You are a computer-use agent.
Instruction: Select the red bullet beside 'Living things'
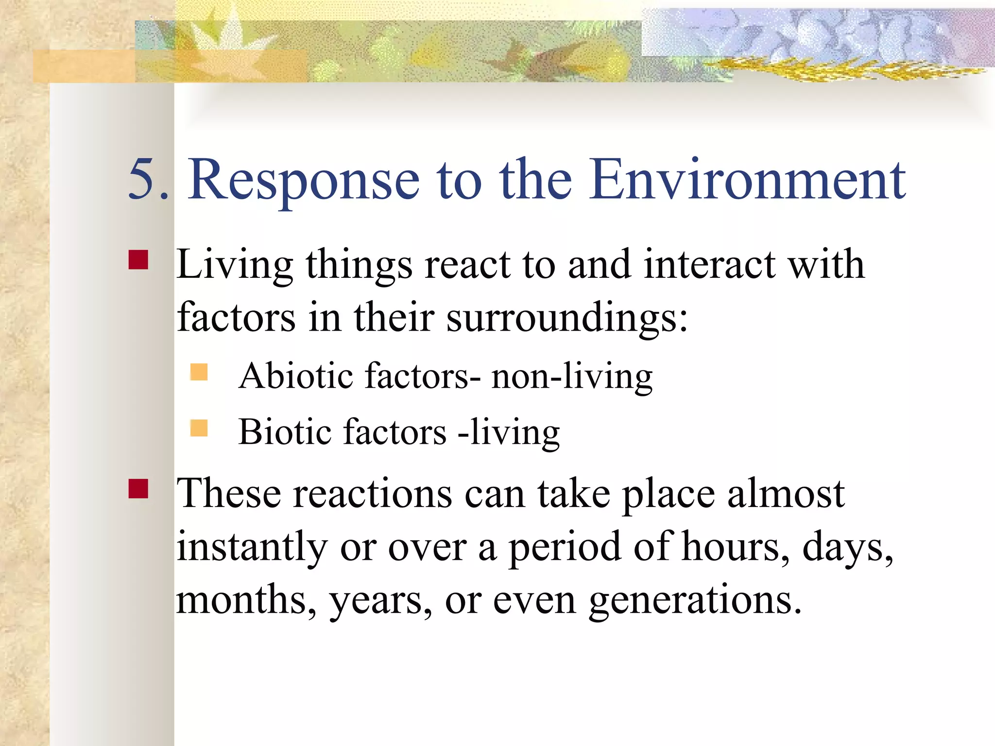(138, 260)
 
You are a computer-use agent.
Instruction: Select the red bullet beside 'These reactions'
(138, 489)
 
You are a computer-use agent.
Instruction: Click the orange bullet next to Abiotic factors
(199, 372)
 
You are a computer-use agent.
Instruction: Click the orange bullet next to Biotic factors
(199, 428)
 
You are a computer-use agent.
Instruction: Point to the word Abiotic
(296, 376)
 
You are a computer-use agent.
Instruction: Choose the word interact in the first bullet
(710, 265)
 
